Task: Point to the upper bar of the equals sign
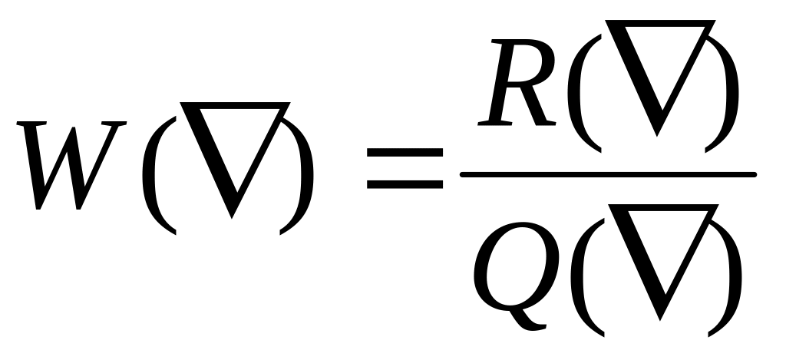[x=405, y=154]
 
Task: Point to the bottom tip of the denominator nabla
[x=658, y=315]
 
